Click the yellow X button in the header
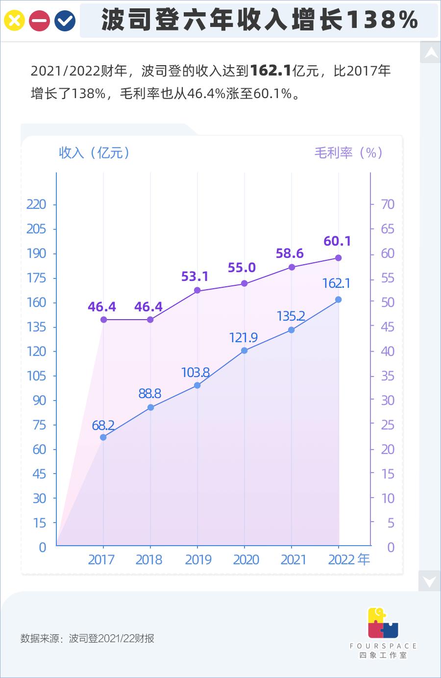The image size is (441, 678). click(x=15, y=21)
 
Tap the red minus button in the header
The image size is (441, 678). click(x=40, y=21)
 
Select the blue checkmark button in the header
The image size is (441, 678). click(x=65, y=21)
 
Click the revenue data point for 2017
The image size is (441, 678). click(x=103, y=437)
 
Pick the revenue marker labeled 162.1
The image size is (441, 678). click(x=338, y=299)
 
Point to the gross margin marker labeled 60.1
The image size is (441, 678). click(x=338, y=258)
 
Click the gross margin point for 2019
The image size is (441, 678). click(x=197, y=290)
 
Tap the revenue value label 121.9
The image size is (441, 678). click(x=244, y=337)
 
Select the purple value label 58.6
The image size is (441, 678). click(x=290, y=253)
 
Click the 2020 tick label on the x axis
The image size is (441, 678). click(x=245, y=559)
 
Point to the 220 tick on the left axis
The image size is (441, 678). click(x=36, y=204)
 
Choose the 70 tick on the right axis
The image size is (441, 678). click(x=388, y=204)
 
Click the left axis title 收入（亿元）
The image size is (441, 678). click(x=95, y=152)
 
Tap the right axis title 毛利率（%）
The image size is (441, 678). click(x=348, y=152)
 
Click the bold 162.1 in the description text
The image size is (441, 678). click(x=271, y=71)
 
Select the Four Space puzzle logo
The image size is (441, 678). click(x=383, y=623)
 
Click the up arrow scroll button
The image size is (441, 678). click(x=431, y=52)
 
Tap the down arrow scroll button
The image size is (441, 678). click(x=430, y=581)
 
